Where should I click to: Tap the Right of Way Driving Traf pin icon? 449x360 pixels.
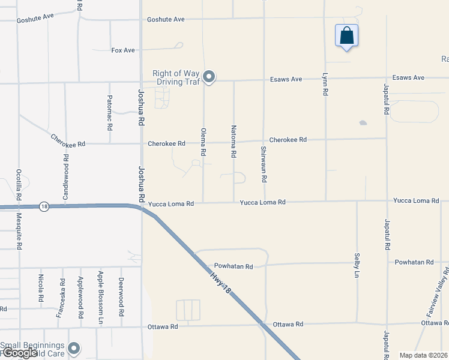point(209,76)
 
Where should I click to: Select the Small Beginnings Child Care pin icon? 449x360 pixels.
point(74,348)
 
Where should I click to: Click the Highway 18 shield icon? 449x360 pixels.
point(44,206)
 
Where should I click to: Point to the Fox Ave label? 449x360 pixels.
point(123,50)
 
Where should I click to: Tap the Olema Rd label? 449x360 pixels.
point(203,142)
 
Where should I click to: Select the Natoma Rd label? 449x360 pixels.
point(234,142)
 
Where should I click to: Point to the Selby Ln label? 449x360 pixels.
point(357,265)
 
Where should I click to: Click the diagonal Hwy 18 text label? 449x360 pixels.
point(221,281)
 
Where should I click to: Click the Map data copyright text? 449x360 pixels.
point(423,355)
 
